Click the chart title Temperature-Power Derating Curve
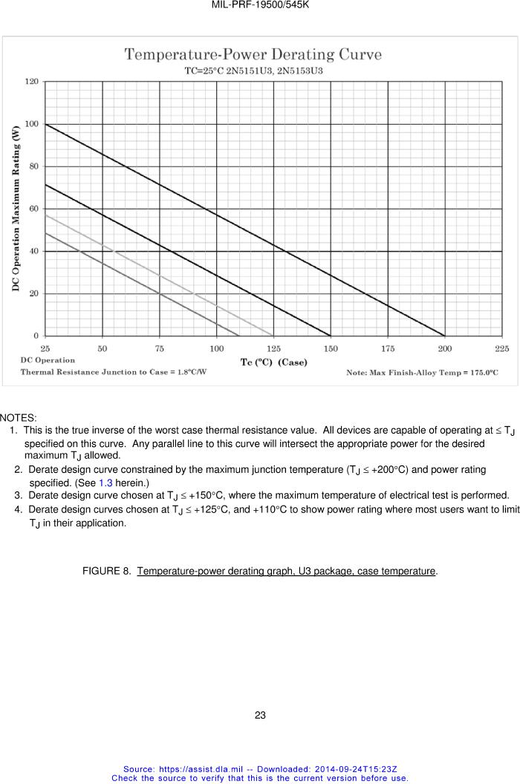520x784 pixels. pos(253,54)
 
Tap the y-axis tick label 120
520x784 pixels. pos(33,82)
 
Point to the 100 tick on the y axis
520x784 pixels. pos(33,124)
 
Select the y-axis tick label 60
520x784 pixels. pos(34,209)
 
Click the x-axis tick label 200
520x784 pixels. pos(445,347)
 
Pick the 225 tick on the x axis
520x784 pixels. pos(502,347)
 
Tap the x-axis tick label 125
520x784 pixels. pos(273,347)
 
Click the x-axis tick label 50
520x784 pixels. pos(103,347)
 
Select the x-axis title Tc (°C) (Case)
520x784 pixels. pos(273,362)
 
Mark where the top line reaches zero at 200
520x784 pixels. pos(445,336)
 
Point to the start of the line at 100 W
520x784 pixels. pos(45,124)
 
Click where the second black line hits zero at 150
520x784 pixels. pos(331,336)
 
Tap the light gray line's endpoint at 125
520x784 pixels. pos(273,336)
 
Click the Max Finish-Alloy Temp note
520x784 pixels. pos(422,372)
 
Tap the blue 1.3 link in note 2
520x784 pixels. pos(105,483)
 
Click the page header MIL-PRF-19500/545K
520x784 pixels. pos(260,5)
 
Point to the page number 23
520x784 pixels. pos(260,716)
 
